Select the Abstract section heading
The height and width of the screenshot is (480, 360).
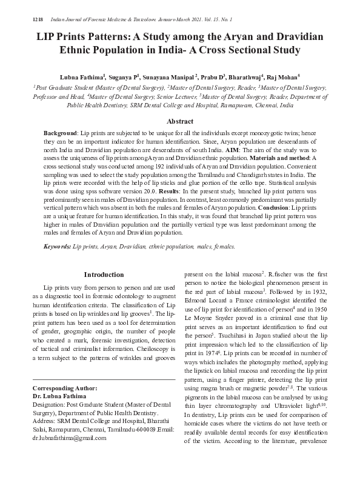tap(180, 122)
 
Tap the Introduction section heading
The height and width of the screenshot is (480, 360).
tap(104, 275)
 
